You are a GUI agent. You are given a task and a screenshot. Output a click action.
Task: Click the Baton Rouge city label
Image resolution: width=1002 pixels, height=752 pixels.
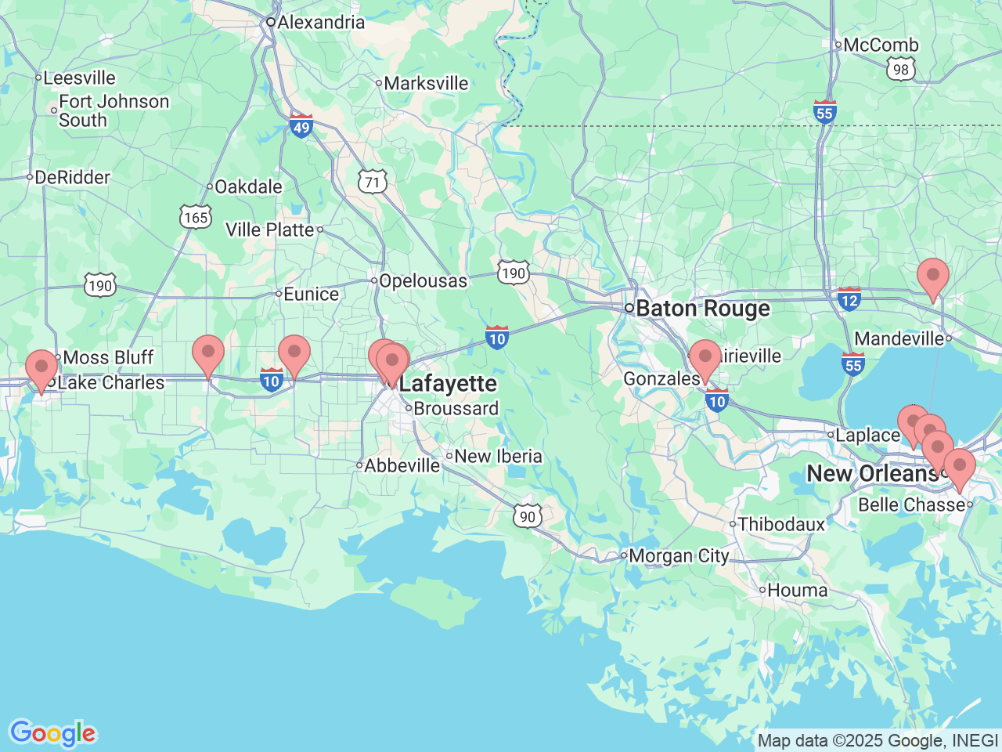click(x=702, y=309)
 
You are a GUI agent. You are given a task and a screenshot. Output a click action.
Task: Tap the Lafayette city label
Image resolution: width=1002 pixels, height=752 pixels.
click(x=447, y=384)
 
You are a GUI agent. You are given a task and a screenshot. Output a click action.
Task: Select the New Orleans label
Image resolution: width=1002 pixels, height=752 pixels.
click(x=871, y=474)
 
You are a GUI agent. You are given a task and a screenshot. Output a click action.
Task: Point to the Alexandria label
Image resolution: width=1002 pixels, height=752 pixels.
click(x=320, y=22)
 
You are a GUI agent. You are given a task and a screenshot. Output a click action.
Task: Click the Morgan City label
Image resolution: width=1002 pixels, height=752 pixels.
click(x=678, y=556)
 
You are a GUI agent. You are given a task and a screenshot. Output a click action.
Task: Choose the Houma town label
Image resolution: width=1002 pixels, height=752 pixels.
click(x=797, y=591)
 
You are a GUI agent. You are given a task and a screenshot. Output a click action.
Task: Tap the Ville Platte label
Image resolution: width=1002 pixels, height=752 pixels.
click(x=269, y=230)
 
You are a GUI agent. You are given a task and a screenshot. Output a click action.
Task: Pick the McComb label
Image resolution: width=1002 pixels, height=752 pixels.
click(x=881, y=45)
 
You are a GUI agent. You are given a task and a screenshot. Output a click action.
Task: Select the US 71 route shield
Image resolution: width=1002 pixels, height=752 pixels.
click(x=373, y=183)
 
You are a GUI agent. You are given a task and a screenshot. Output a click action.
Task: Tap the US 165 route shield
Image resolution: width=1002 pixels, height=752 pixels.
click(x=196, y=217)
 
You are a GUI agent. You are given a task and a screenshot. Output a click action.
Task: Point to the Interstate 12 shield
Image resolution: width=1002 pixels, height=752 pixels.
click(x=849, y=298)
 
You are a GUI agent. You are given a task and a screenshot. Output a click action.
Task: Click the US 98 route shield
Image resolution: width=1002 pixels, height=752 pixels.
click(x=901, y=70)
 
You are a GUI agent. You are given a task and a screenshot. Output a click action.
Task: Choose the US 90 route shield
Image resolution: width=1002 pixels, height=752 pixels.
click(x=528, y=516)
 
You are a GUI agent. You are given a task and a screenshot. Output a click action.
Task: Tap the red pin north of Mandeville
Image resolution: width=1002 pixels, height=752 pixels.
click(x=932, y=277)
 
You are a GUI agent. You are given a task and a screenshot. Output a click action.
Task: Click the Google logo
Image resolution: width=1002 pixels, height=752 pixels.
click(x=52, y=734)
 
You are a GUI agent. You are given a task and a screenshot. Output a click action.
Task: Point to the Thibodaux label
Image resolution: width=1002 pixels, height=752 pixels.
click(x=780, y=524)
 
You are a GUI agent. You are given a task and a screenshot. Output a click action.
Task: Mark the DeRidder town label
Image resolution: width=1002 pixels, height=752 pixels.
click(x=72, y=178)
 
